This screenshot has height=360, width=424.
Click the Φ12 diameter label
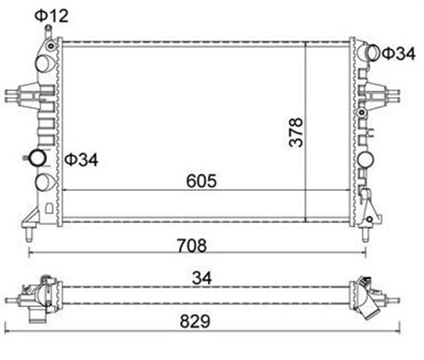coord(51,16)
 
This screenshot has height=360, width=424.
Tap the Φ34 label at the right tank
coord(399,54)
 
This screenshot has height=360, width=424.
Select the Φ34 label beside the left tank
coord(81,159)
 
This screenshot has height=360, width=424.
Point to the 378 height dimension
coord(296,132)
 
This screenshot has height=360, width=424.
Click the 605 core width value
coord(201,181)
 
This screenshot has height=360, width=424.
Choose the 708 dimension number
coord(192,246)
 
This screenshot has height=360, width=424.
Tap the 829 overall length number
coord(195,321)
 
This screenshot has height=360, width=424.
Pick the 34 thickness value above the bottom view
coord(202,278)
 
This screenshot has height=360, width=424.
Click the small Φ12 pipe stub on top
coord(48,32)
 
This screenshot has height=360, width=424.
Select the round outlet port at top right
coord(374,53)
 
